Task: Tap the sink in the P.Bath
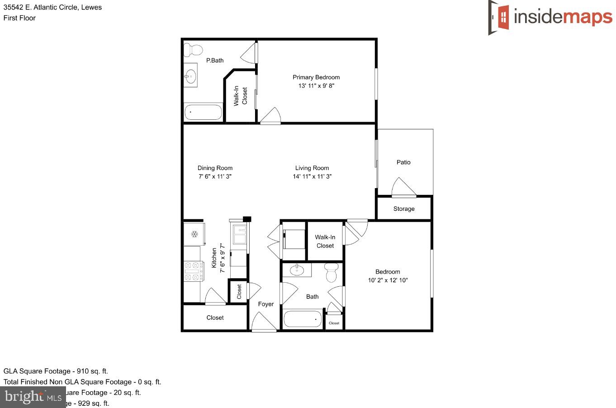[190, 76]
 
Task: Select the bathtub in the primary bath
[204, 112]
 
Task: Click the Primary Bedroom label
[316, 77]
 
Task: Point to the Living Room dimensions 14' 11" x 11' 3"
[312, 176]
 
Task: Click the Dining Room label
[215, 168]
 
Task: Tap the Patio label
[403, 162]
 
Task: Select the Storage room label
[404, 209]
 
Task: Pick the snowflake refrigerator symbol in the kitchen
[194, 234]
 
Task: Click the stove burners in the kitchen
[192, 271]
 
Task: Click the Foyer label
[266, 304]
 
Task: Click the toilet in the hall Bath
[332, 272]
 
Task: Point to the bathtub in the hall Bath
[302, 319]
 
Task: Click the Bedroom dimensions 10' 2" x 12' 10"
[388, 280]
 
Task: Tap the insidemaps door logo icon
[499, 17]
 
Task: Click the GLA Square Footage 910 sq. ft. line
[56, 371]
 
